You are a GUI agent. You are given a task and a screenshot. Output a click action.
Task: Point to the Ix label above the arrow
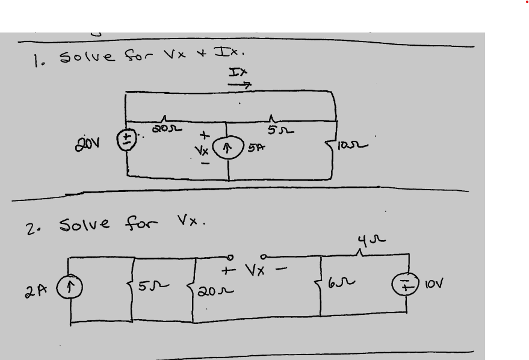coord(238,73)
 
